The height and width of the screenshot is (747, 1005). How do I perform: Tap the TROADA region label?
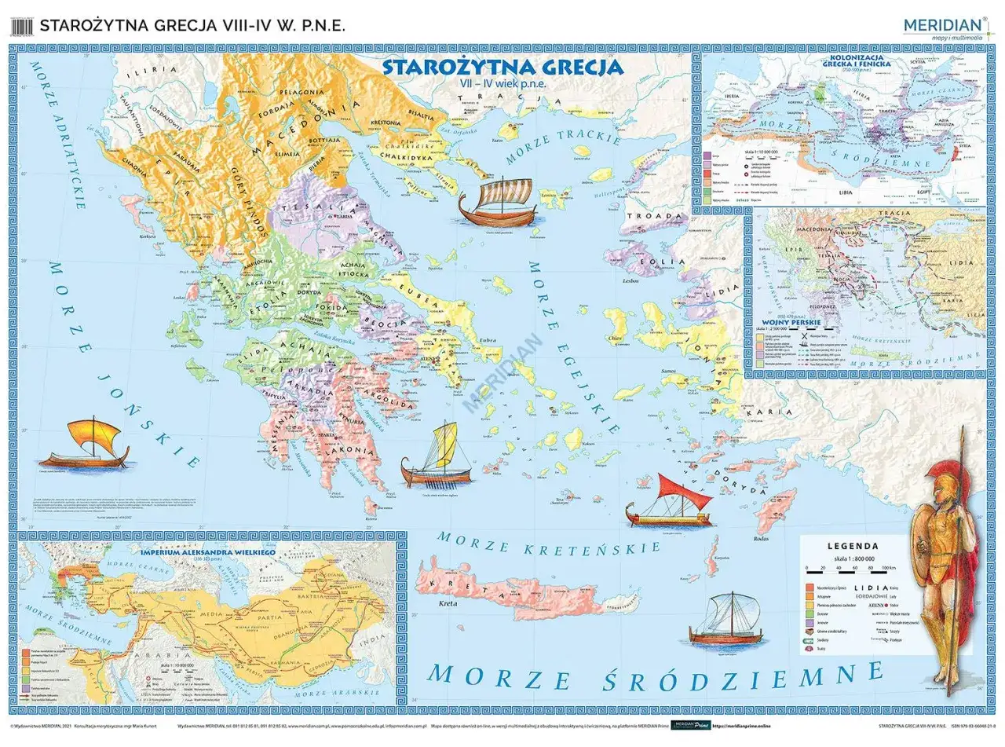click(653, 216)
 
